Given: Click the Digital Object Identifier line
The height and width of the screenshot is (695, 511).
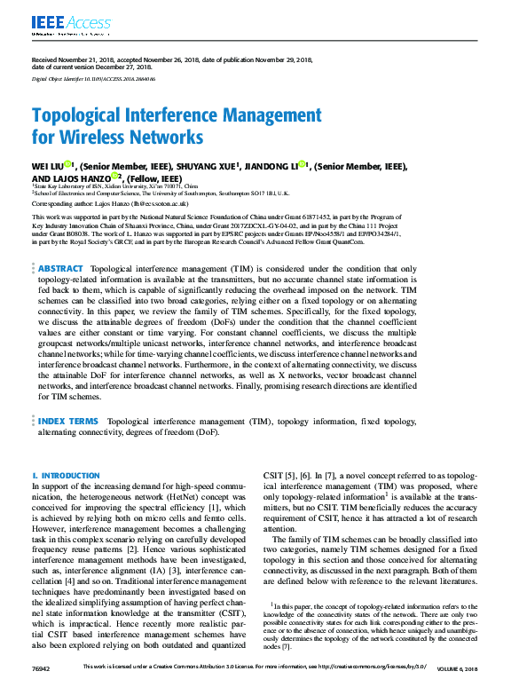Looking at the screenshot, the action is point(87,78).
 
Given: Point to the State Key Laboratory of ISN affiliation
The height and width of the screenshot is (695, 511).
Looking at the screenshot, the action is point(115,187).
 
